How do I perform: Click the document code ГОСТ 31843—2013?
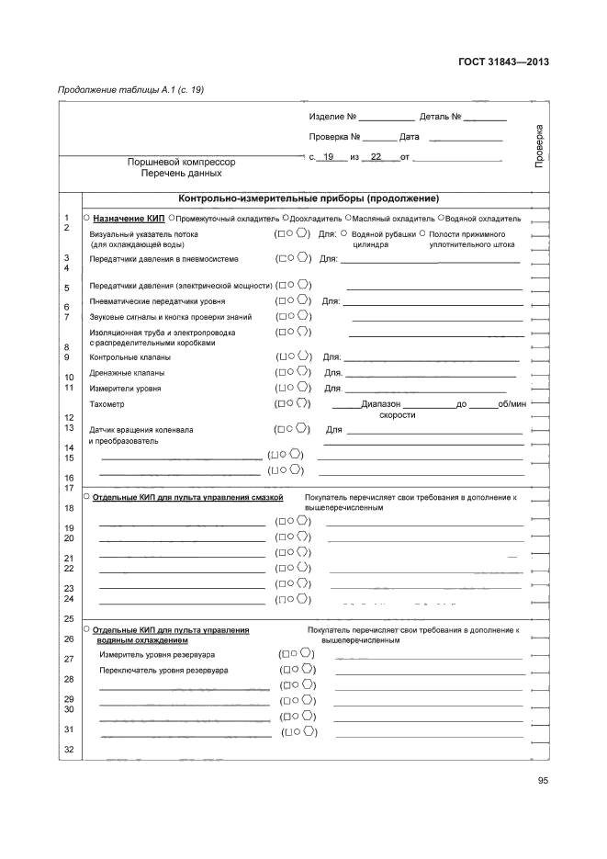pos(503,62)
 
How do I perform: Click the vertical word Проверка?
pos(539,145)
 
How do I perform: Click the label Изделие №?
pos(332,118)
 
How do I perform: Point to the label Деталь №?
pos(440,118)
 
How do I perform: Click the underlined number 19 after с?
pos(329,158)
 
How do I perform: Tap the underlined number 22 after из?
pos(377,158)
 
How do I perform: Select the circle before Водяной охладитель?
pos(442,219)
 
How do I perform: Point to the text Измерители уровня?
pos(125,389)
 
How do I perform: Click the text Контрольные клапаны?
pos(128,356)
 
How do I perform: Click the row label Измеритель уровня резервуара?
pos(157,654)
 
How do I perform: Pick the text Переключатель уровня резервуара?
pos(163,670)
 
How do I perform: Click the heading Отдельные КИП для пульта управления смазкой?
pos(188,497)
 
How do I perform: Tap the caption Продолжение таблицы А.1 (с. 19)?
pos(131,90)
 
